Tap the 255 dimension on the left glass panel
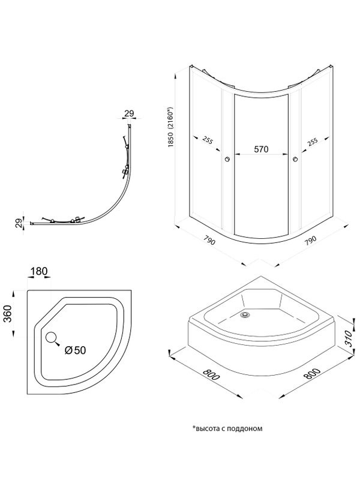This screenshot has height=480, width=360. coord(208,141)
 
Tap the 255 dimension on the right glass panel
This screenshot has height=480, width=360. coord(312,141)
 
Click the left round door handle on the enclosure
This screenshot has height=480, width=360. coord(227,159)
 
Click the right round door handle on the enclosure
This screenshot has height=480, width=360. coord(295,159)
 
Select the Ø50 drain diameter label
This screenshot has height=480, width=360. coord(76,350)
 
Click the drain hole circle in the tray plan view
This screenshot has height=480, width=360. coord(51,338)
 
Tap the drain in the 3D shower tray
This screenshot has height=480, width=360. coord(244,313)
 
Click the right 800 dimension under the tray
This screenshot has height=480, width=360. coord(310,379)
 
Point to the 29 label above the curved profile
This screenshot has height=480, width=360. coord(129,113)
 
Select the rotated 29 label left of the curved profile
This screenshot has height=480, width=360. coord(18,223)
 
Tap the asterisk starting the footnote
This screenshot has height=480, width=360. coord(194,428)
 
